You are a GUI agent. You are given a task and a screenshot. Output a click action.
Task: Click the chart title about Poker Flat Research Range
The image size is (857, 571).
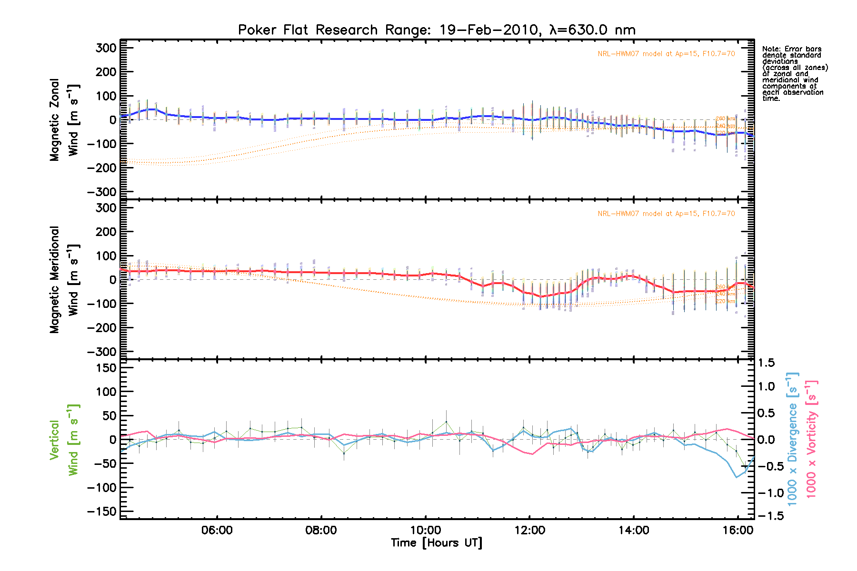437,30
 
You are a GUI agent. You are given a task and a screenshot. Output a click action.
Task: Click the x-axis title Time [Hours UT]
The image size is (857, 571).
437,543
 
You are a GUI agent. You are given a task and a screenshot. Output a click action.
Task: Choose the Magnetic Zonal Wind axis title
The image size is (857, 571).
64,120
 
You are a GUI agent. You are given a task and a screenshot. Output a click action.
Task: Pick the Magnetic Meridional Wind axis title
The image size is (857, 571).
64,280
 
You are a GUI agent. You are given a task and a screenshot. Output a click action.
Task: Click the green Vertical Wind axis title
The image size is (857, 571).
64,440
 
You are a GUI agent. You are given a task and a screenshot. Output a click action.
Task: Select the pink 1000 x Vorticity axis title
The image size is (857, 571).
811,440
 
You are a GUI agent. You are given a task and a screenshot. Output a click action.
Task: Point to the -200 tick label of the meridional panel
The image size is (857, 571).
102,328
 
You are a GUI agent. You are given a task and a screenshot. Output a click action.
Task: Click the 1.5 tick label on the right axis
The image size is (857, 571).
766,363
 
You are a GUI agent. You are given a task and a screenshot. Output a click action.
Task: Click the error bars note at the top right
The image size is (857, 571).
794,74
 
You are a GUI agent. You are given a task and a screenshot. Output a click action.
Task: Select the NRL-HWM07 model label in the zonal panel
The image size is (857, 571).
666,54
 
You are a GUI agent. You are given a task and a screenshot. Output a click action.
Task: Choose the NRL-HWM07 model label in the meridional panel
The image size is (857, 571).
666,214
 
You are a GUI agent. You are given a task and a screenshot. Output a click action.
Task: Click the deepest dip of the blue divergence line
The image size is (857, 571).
737,477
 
